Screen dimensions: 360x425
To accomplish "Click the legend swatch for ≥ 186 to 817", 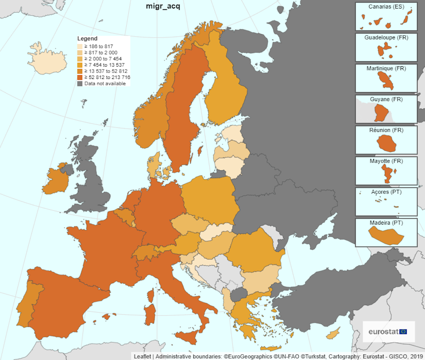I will point(80,46).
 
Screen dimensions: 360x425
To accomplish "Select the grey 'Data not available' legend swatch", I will point(80,84).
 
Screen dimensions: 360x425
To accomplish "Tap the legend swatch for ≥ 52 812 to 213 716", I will point(80,77).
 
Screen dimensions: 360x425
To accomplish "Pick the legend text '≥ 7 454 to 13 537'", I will point(104,65).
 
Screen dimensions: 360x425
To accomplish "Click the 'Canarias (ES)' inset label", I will point(386,6).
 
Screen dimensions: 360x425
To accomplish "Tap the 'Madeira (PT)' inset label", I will point(386,222).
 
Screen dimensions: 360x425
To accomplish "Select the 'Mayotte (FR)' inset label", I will point(386,161).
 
